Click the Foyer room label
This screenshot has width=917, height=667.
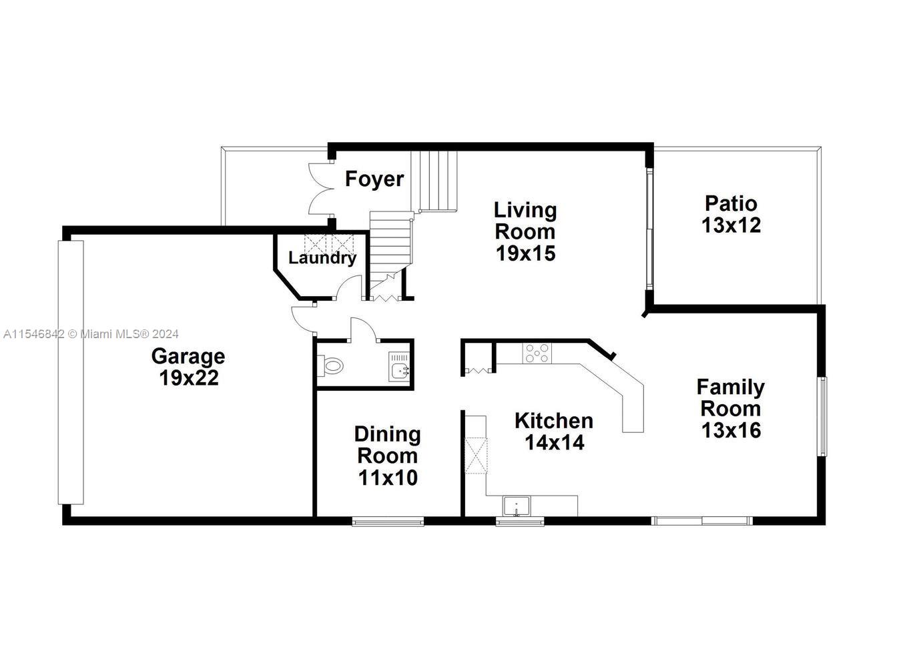click(x=374, y=179)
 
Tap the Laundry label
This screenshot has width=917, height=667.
click(x=322, y=258)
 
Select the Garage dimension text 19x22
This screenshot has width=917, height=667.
click(x=189, y=378)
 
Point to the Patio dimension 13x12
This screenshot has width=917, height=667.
click(x=731, y=225)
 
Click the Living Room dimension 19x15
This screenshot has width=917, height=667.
click(x=526, y=253)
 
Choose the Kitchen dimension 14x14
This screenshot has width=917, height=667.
click(x=555, y=442)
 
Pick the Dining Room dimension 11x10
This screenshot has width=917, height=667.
click(x=388, y=478)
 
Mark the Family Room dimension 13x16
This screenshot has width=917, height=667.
click(x=731, y=430)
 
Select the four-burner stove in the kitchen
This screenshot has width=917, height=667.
click(x=537, y=353)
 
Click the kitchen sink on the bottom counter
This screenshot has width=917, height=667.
click(x=516, y=507)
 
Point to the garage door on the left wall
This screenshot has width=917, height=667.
click(x=71, y=372)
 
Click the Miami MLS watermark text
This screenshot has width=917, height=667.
click(x=91, y=334)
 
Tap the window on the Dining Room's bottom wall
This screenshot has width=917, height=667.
click(x=388, y=521)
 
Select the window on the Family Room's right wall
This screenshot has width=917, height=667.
click(x=822, y=416)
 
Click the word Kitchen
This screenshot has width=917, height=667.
click(x=554, y=421)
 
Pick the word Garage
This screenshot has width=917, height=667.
click(x=188, y=356)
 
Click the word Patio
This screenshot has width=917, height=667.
click(x=731, y=203)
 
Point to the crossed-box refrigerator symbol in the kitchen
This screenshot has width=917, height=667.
click(x=476, y=456)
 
